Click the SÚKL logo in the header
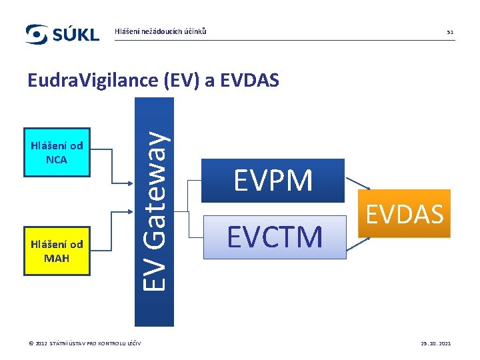click(62, 34)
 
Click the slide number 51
click(450, 32)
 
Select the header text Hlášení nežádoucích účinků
click(161, 31)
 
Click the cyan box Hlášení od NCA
click(57, 153)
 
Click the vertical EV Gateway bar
click(154, 211)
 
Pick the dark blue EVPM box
click(273, 181)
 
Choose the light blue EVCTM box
click(274, 237)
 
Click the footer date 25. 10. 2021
click(435, 343)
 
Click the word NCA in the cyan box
click(57, 160)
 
